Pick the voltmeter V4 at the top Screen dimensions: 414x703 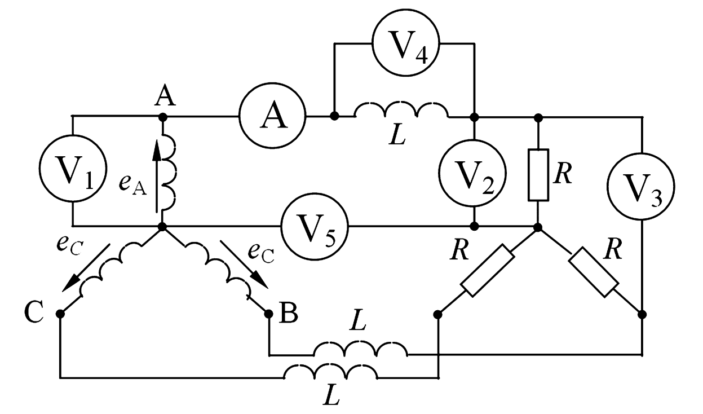(405, 44)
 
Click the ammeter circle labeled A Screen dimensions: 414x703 (272, 117)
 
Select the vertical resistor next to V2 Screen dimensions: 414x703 (538, 175)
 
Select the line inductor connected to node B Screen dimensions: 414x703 (360, 351)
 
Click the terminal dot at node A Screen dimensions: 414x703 (162, 117)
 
